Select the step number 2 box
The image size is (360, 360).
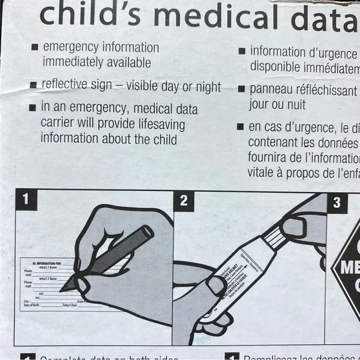(184, 200)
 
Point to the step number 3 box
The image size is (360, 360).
(336, 202)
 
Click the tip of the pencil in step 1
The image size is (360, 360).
(63, 290)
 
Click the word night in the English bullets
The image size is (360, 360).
(207, 87)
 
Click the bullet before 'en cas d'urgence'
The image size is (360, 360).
(240, 127)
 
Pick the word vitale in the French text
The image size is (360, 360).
(264, 173)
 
